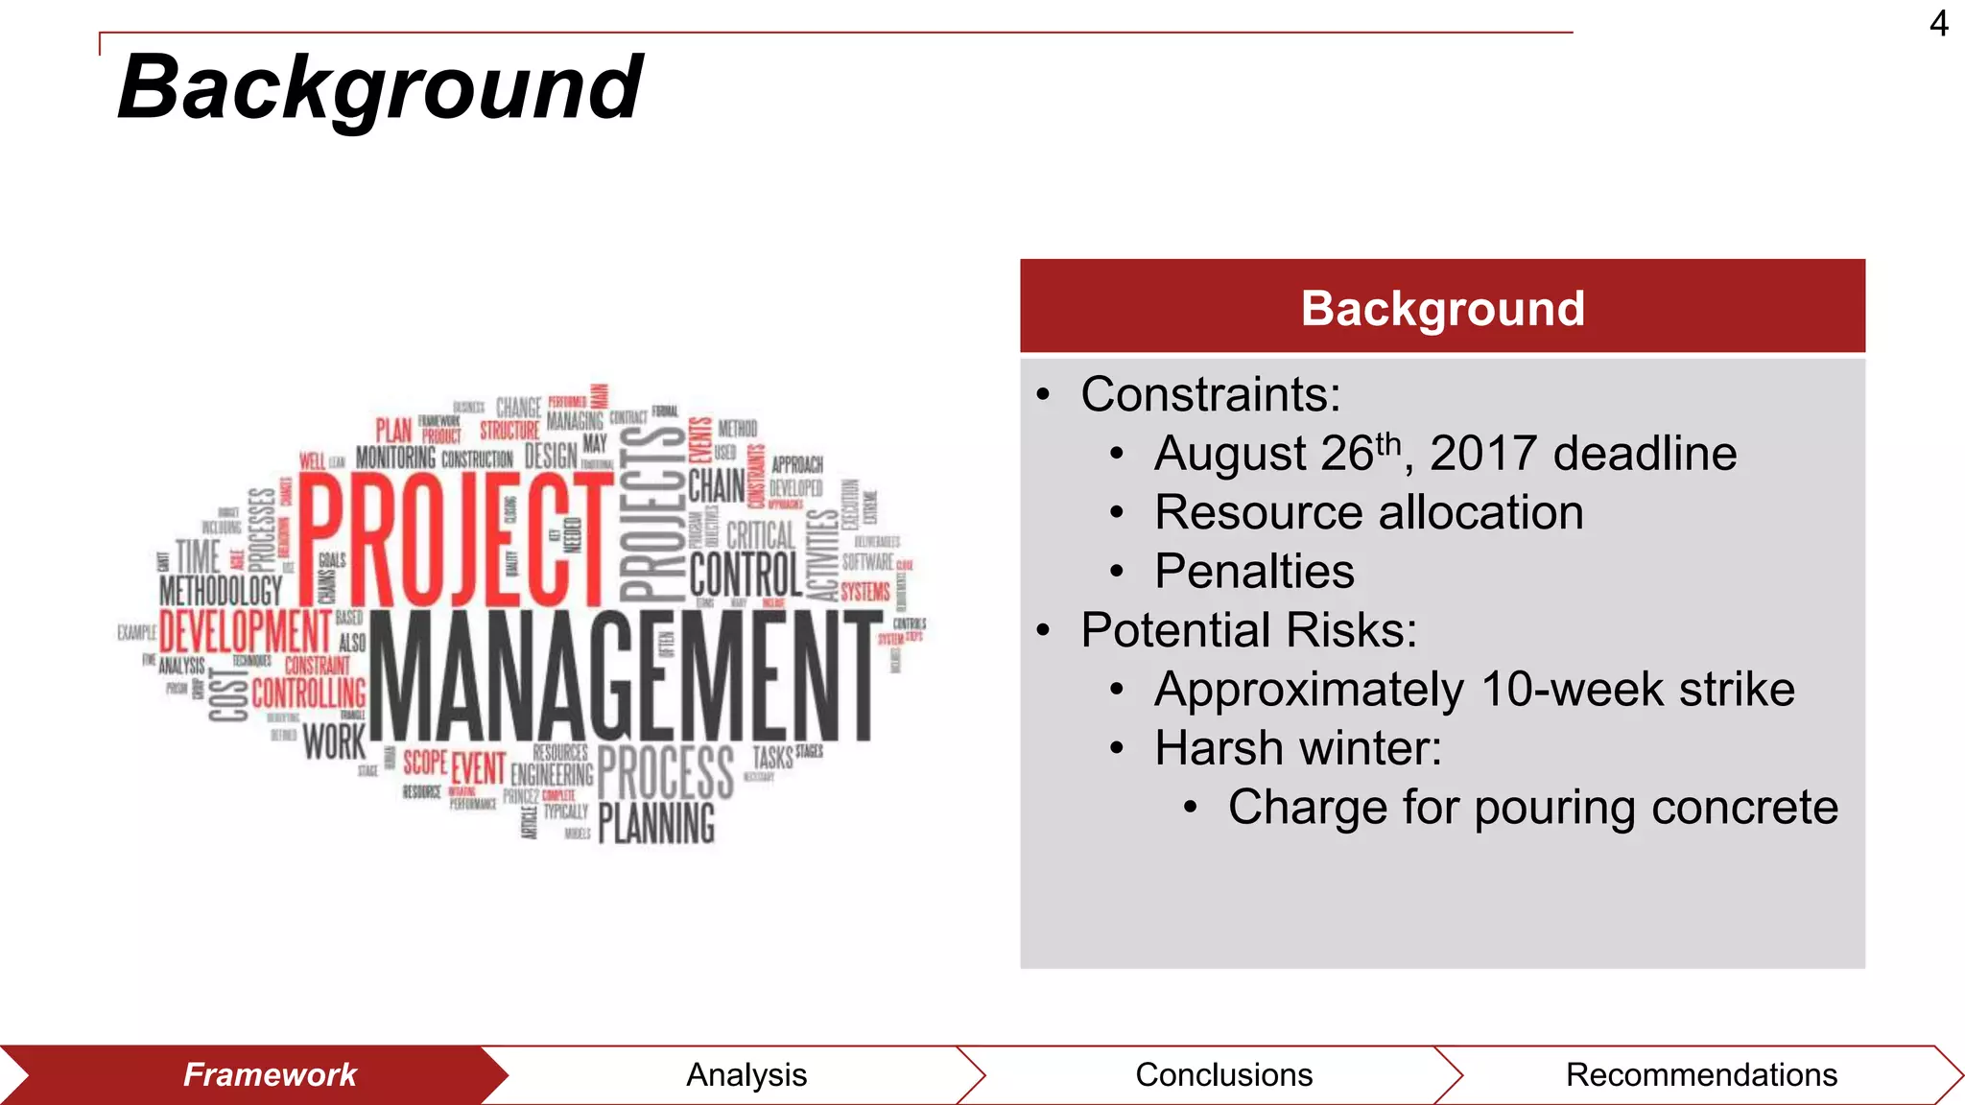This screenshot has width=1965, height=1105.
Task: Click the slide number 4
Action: coord(1938,23)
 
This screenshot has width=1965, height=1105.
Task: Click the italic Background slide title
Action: coord(380,88)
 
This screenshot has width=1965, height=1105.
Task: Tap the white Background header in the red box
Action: coord(1442,309)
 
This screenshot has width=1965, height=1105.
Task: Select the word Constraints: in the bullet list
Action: coord(1210,394)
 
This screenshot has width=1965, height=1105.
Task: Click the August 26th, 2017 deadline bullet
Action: coord(1445,454)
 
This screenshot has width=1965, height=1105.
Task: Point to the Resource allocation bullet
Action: coord(1368,512)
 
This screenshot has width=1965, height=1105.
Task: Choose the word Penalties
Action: coord(1254,572)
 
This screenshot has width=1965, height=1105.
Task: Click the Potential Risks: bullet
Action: coord(1248,630)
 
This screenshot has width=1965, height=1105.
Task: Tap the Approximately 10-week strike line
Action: coord(1474,690)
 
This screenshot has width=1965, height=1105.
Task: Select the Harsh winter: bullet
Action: coord(1297,748)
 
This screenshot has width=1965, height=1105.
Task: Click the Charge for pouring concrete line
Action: coord(1532,808)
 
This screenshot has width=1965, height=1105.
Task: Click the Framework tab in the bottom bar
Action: coord(270,1075)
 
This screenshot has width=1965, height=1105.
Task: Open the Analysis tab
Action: coord(746,1075)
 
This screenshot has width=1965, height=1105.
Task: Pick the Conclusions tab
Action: coord(1223,1075)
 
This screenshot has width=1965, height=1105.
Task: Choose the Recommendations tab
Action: coord(1701,1075)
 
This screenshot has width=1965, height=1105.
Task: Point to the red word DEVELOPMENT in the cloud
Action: coord(245,631)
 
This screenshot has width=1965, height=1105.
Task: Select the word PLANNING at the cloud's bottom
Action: coord(657,823)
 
